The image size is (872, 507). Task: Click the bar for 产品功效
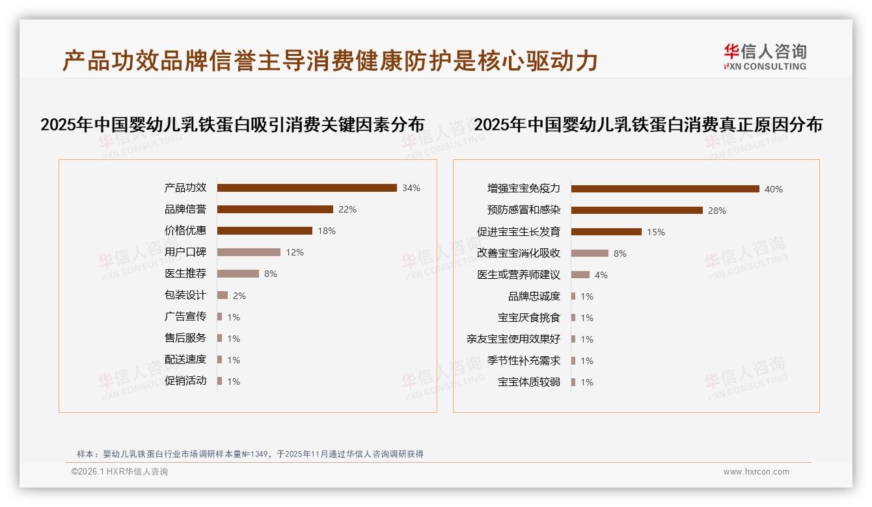[307, 188]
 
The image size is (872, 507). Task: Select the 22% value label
[347, 209]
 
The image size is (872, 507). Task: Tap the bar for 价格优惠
[264, 231]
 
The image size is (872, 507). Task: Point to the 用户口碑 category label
[185, 252]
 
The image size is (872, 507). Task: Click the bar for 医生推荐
[238, 274]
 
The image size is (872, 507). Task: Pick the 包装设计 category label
[185, 295]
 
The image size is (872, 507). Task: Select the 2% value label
[239, 296]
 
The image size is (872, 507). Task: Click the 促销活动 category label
[185, 381]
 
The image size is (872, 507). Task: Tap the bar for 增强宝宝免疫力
[665, 189]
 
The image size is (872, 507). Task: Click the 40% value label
[774, 189]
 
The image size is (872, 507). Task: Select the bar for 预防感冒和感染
[636, 211]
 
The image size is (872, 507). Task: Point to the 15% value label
[656, 232]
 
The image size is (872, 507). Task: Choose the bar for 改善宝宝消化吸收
[590, 253]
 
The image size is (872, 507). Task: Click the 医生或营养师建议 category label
[519, 275]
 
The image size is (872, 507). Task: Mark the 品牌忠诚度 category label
[534, 296]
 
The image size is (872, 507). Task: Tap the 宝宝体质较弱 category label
[529, 382]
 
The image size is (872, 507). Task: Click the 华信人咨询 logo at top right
[765, 57]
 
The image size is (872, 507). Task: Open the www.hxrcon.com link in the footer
[756, 472]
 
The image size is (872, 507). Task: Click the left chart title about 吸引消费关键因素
[232, 125]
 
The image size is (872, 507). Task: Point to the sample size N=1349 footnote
[250, 454]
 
